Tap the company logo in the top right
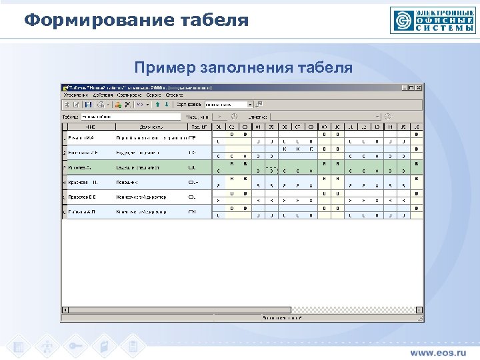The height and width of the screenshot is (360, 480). click(433, 20)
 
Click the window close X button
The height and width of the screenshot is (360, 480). click(420, 87)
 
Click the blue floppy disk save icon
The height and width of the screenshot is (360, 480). click(88, 105)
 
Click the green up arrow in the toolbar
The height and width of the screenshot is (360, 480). click(157, 105)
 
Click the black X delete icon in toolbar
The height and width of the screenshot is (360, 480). click(127, 105)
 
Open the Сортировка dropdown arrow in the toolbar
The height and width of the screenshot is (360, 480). click(250, 105)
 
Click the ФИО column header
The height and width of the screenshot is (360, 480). click(90, 127)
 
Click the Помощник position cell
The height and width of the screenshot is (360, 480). click(128, 181)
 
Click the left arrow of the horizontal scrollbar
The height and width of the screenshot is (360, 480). click(65, 310)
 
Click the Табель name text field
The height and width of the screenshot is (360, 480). click(130, 116)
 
